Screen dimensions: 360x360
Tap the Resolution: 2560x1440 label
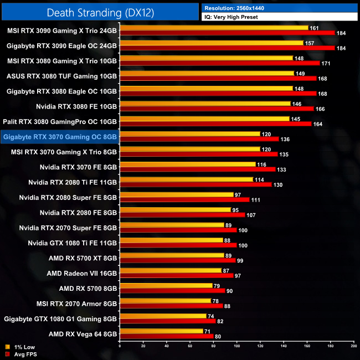238,8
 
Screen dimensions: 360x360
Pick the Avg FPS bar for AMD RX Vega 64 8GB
166,336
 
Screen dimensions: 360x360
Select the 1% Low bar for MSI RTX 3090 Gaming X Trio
214,28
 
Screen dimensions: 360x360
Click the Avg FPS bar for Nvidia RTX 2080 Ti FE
196,184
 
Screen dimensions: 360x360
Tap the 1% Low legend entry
20,347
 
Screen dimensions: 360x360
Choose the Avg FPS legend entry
21,354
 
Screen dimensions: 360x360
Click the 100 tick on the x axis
237,347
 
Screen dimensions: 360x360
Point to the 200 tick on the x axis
353,347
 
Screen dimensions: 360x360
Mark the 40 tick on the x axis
167,347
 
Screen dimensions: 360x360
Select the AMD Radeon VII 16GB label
82,273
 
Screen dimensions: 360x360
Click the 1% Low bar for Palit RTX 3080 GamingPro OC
204,119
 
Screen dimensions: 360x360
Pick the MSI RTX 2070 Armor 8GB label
76,304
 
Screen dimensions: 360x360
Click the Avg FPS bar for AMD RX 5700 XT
178,260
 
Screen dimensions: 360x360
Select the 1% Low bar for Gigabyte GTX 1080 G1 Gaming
163,316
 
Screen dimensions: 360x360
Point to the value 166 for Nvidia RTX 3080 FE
320,109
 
